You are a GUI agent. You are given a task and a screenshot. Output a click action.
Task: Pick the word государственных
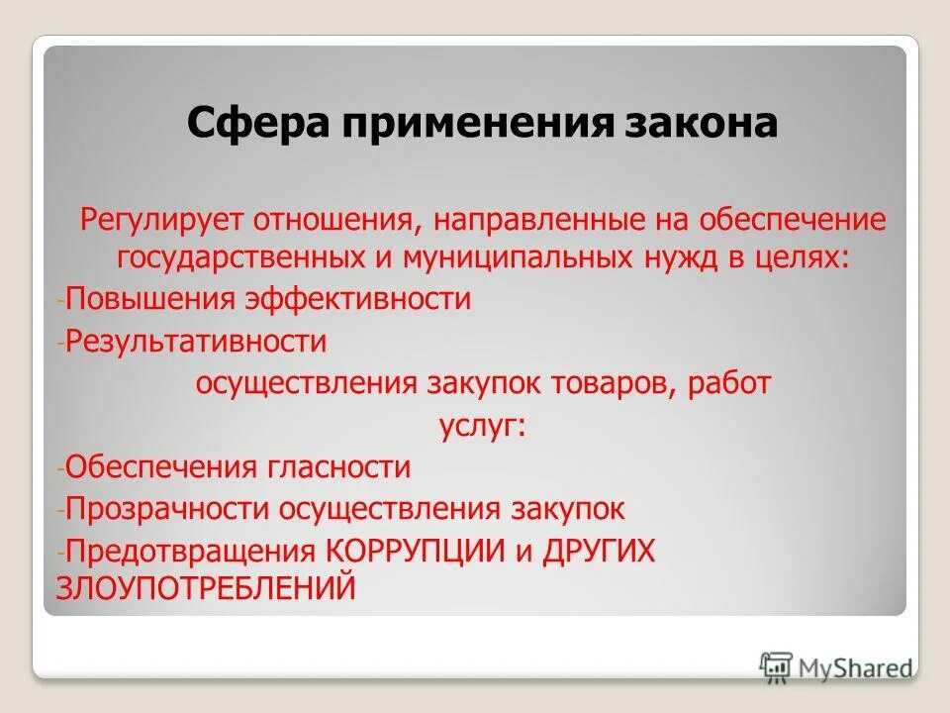(238, 257)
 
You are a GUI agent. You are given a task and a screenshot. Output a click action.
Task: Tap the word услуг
(480, 426)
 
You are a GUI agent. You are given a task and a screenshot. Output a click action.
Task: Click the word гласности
(334, 466)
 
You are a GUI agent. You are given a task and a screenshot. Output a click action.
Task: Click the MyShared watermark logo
(836, 666)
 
